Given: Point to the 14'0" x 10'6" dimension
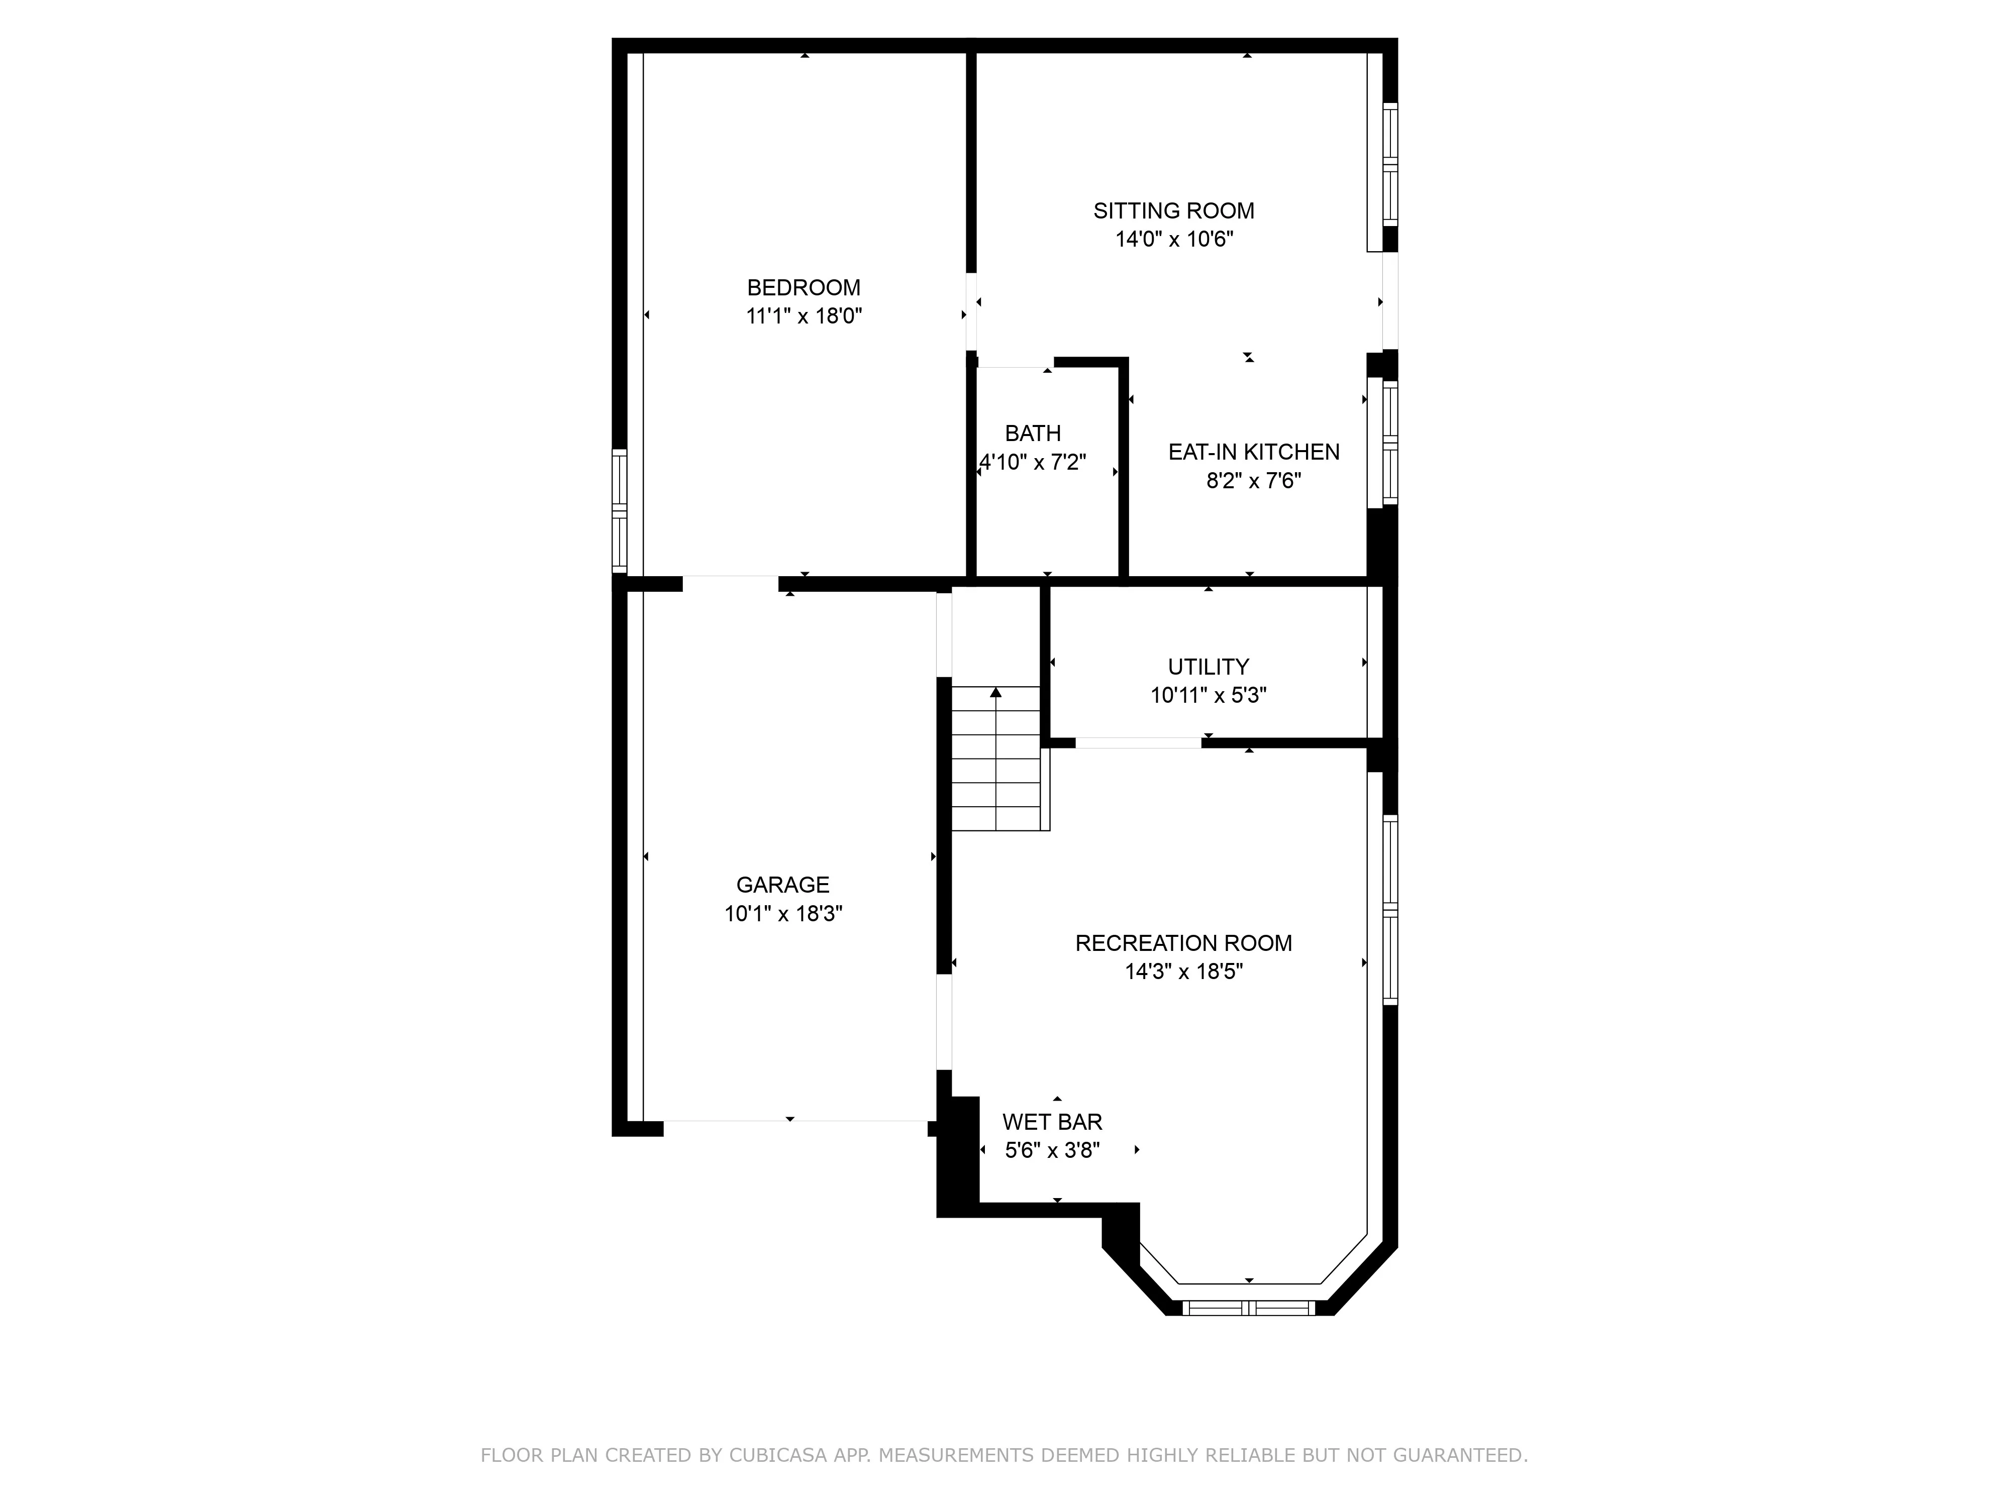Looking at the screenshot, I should click(x=1173, y=240).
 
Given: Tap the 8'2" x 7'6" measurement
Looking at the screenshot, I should click(x=1253, y=481).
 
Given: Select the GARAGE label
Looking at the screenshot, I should click(x=782, y=885).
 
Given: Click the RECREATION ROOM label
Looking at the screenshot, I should click(x=1183, y=943).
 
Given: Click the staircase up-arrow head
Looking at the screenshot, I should click(x=996, y=692).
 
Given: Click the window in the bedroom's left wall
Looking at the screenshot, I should click(x=620, y=510).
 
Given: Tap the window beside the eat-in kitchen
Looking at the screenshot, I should click(x=1389, y=443).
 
